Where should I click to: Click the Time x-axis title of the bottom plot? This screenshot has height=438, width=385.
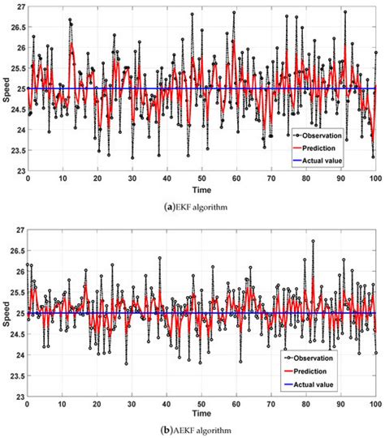[201, 413]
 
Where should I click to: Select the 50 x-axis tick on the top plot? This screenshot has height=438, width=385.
[201, 178]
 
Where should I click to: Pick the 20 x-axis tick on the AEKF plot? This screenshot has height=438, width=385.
[97, 403]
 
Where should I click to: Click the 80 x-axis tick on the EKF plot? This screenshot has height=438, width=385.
[305, 178]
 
